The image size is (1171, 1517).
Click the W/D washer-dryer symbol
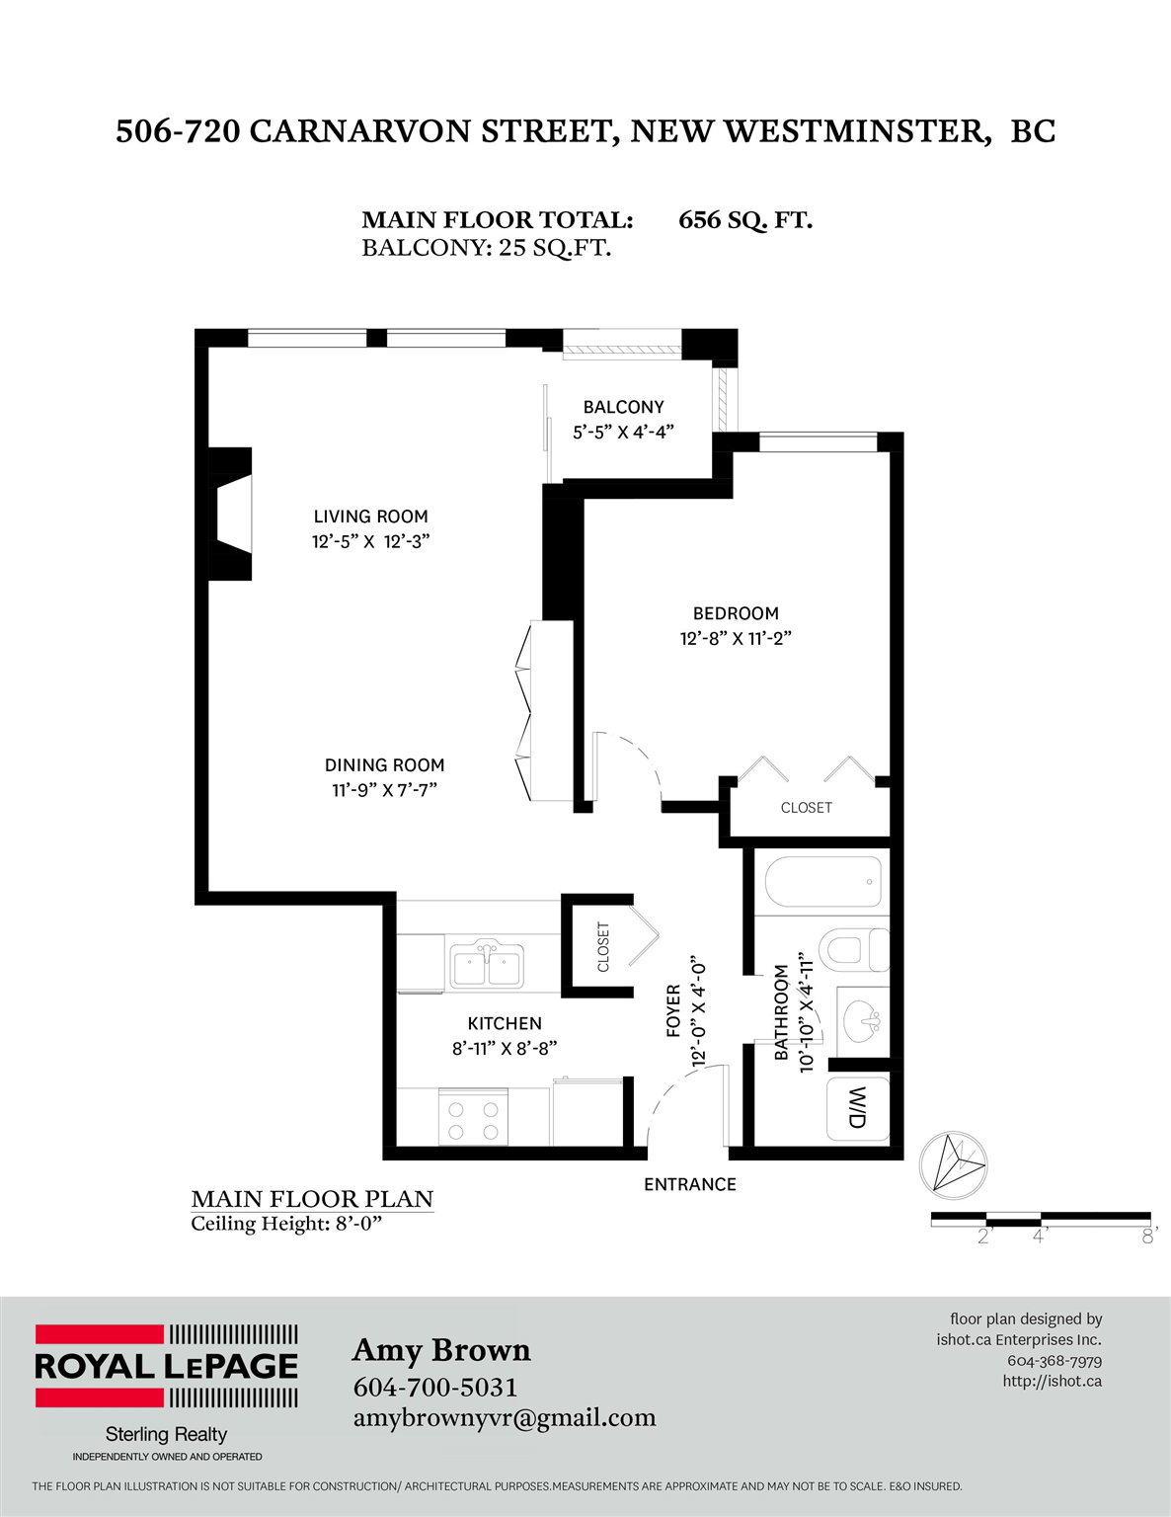858,1108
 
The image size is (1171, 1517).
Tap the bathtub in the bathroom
822,882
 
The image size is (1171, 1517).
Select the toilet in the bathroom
853,950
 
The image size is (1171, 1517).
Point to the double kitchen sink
487,966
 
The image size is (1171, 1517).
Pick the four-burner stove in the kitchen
473,1116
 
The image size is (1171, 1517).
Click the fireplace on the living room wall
230,514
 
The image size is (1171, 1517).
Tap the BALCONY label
623,407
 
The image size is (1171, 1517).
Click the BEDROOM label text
736,613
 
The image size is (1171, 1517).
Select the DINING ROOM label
384,765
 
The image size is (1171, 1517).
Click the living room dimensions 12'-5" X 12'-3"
370,542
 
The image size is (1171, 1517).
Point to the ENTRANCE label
689,1185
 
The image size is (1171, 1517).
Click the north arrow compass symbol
953,1164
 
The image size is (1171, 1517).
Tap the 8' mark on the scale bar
1149,1238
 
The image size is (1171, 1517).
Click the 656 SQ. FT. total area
745,220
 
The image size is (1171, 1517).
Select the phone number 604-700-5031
435,1387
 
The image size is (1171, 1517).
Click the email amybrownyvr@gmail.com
505,1418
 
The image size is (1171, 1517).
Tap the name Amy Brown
441,1350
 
